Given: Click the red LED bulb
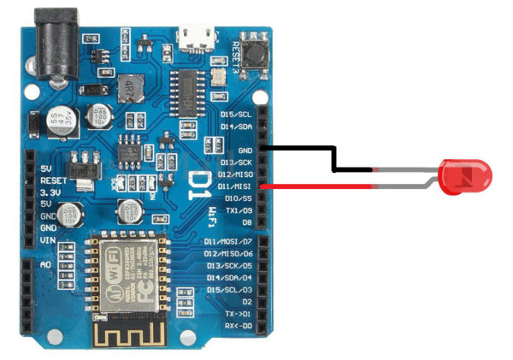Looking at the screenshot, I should [465, 177].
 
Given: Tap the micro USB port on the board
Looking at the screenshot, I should [196, 38].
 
